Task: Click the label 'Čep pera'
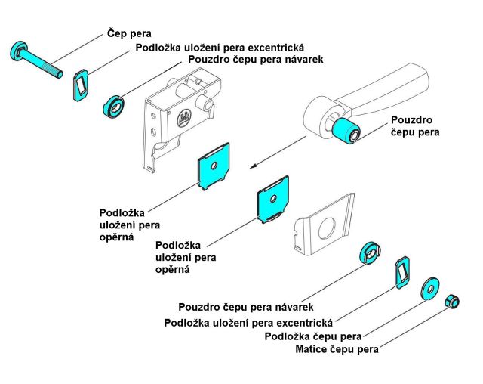click(128, 33)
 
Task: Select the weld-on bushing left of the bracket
click(114, 107)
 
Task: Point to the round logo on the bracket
click(184, 117)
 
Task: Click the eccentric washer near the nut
click(401, 271)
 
